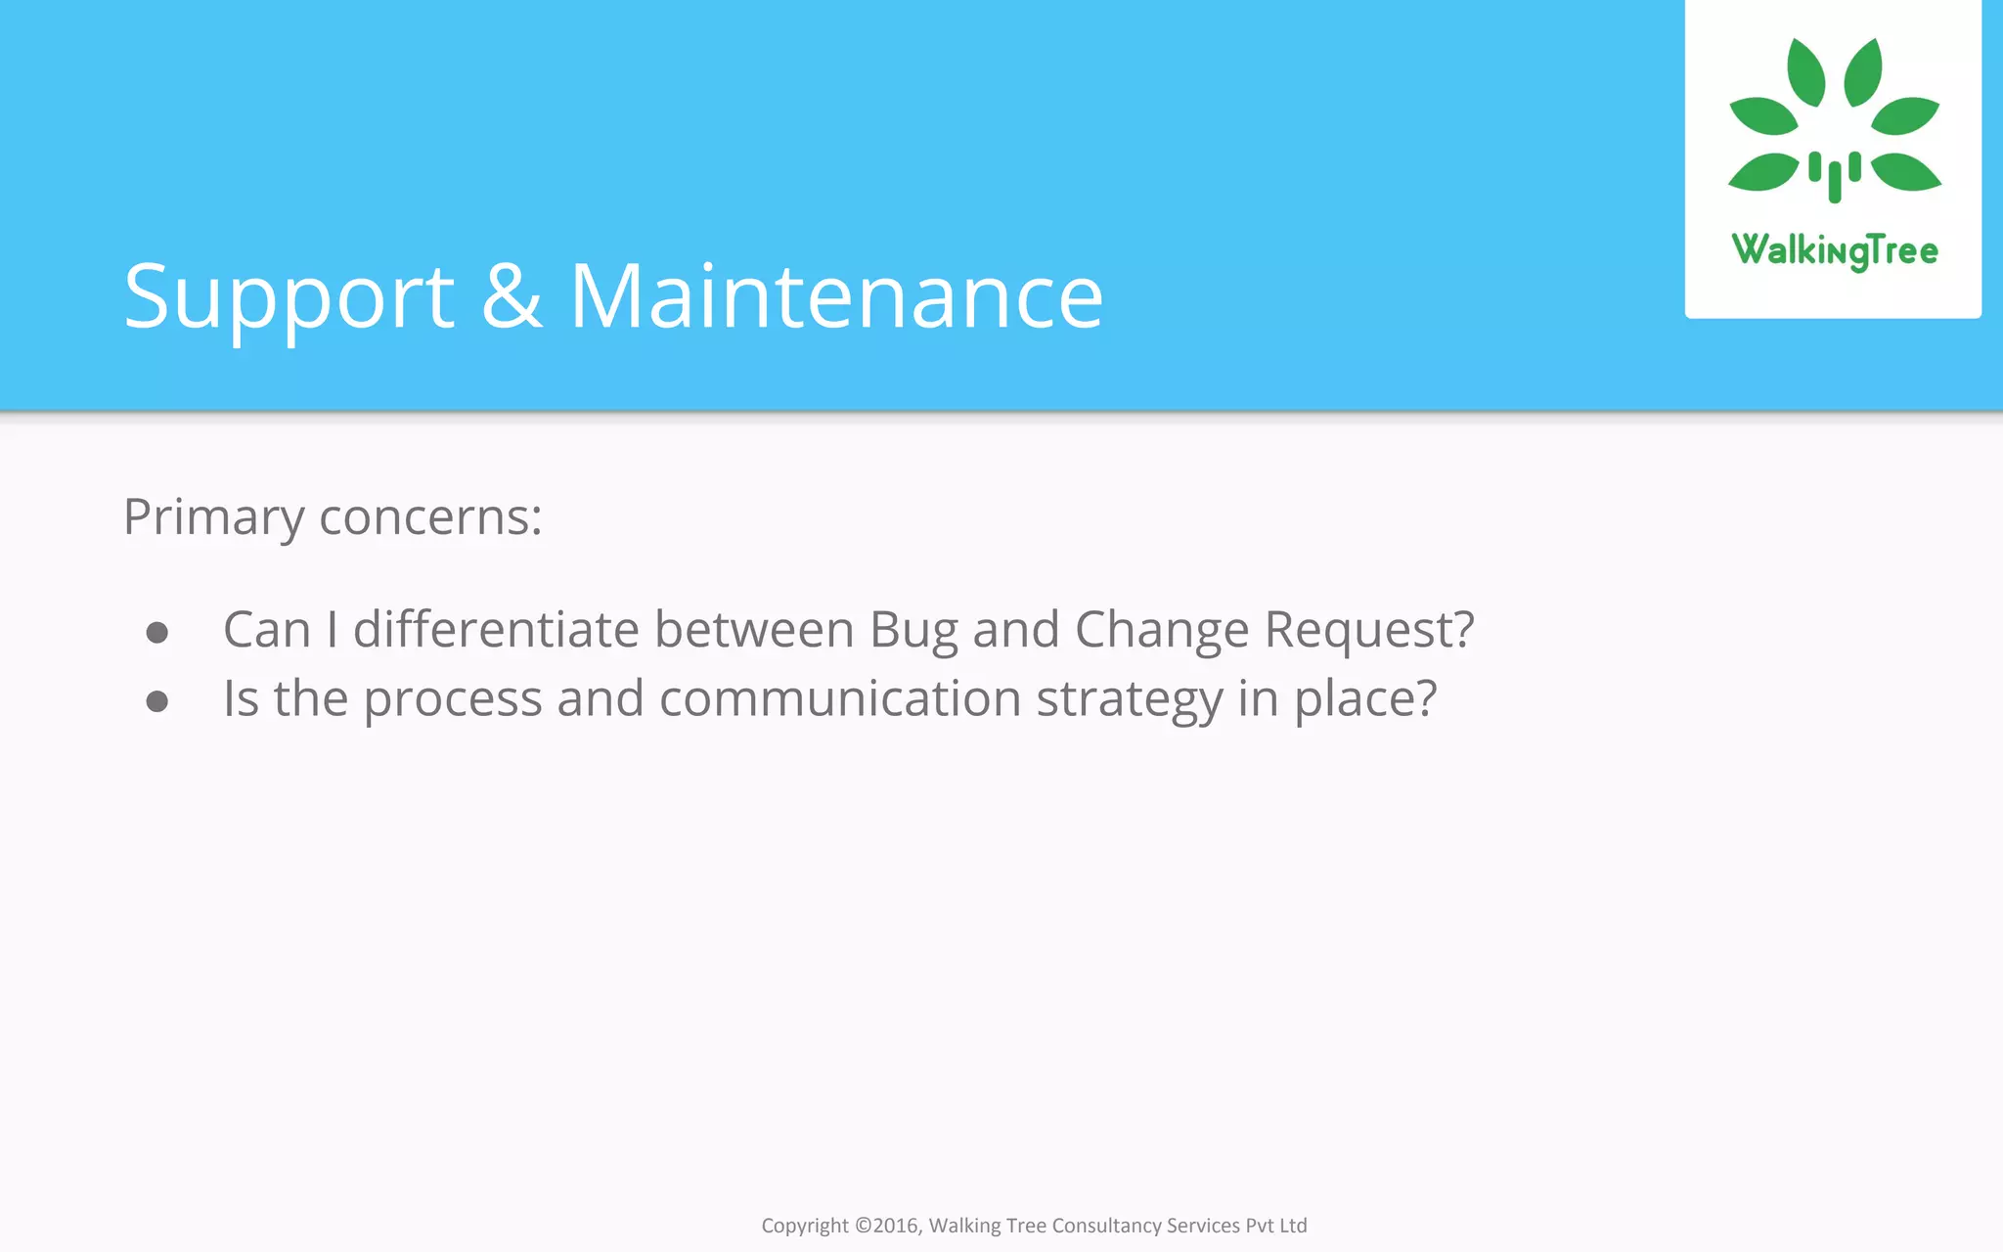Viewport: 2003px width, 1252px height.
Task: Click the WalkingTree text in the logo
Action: point(1834,250)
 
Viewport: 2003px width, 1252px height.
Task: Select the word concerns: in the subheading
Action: point(430,517)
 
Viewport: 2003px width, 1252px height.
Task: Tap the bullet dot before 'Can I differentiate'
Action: point(157,633)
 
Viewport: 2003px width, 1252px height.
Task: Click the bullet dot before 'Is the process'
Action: point(157,701)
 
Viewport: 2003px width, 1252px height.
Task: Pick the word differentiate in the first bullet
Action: point(496,629)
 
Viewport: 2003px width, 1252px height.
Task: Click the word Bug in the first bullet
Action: point(913,629)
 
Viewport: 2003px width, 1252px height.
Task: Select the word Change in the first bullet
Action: point(1162,629)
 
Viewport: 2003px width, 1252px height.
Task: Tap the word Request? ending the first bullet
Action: point(1369,629)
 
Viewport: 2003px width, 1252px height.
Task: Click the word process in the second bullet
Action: point(453,699)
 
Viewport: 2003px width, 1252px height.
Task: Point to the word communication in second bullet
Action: point(840,699)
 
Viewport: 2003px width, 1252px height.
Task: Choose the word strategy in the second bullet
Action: point(1130,699)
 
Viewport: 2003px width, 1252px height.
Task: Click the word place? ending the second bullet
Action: point(1365,699)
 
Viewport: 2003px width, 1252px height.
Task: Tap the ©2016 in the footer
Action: point(888,1226)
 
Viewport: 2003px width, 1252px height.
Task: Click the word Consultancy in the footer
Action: point(1106,1226)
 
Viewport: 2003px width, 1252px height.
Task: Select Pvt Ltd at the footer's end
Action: point(1275,1226)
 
